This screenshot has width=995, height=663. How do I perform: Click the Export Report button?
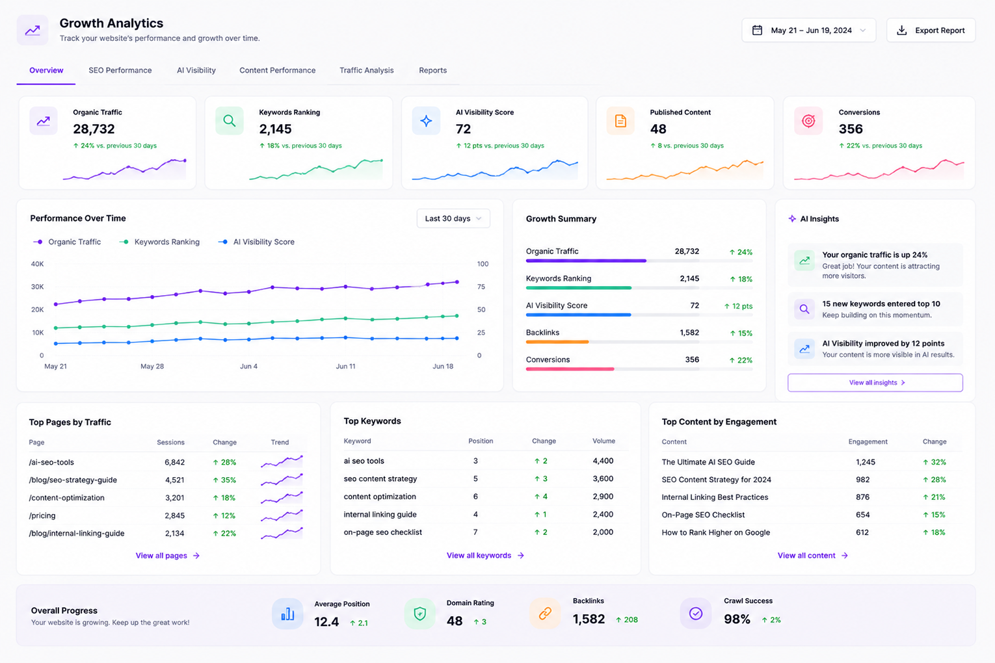(x=931, y=30)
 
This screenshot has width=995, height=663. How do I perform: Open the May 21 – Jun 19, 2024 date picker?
(x=808, y=30)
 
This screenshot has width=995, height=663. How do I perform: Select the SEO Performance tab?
(x=120, y=70)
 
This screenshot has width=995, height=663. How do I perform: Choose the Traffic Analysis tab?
(x=367, y=70)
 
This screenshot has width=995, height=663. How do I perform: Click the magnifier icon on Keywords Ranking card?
(x=229, y=121)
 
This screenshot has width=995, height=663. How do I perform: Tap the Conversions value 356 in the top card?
(x=851, y=129)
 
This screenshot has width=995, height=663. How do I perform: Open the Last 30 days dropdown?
(x=453, y=218)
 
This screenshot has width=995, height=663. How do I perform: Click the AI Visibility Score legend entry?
(x=256, y=242)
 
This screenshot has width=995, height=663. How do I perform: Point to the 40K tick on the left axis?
(x=37, y=264)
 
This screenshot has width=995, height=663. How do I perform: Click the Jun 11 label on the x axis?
(x=345, y=367)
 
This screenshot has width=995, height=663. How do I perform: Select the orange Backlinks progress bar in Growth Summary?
(x=557, y=342)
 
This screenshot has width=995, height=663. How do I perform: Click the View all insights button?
(x=875, y=383)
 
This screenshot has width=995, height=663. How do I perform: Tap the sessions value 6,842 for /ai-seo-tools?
(x=174, y=462)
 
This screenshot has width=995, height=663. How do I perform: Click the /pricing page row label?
(x=42, y=515)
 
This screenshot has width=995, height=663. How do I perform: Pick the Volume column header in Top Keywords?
(x=604, y=441)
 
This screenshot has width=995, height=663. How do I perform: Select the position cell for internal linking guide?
(x=475, y=514)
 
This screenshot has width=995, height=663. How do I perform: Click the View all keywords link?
(x=485, y=556)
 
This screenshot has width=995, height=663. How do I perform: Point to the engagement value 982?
(x=862, y=480)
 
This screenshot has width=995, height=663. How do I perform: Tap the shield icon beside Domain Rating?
(x=419, y=614)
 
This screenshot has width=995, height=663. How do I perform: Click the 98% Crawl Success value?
(x=737, y=619)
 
